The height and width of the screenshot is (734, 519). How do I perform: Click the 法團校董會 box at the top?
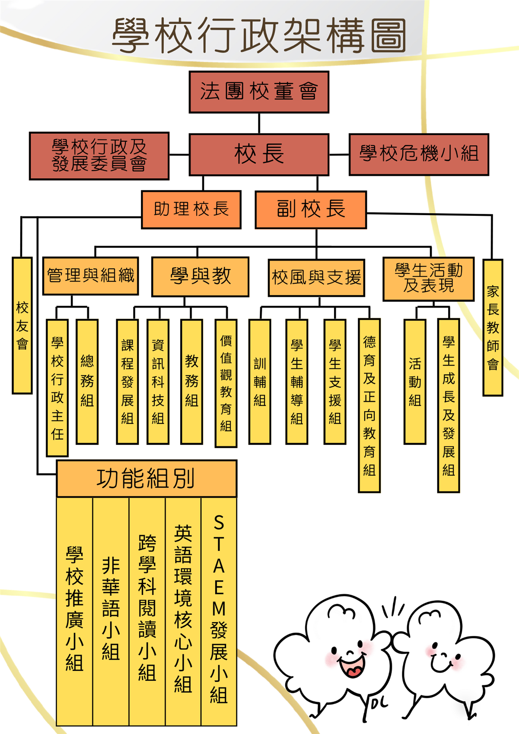tap(259, 92)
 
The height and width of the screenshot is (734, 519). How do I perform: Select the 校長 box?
tap(259, 154)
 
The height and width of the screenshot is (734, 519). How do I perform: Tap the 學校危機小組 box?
tap(419, 154)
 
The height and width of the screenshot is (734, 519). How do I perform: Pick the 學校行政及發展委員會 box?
tap(99, 156)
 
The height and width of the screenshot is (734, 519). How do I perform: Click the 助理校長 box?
tap(191, 209)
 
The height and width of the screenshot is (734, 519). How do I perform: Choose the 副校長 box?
tap(311, 209)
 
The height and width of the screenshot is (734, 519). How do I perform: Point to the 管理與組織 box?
tap(90, 276)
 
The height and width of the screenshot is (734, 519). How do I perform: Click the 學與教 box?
tap(200, 277)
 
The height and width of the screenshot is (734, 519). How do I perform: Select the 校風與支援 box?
tap(316, 278)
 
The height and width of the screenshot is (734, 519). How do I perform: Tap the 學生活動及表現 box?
tap(428, 278)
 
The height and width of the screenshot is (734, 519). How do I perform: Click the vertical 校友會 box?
tap(22, 326)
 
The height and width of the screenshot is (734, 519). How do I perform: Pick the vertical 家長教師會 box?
tap(493, 327)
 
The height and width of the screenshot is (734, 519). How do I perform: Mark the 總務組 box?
tap(87, 381)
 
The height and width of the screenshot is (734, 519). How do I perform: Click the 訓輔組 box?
tap(260, 381)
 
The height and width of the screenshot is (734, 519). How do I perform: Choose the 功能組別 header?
tap(146, 478)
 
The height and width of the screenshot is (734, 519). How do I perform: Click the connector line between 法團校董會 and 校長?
tap(259, 123)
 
